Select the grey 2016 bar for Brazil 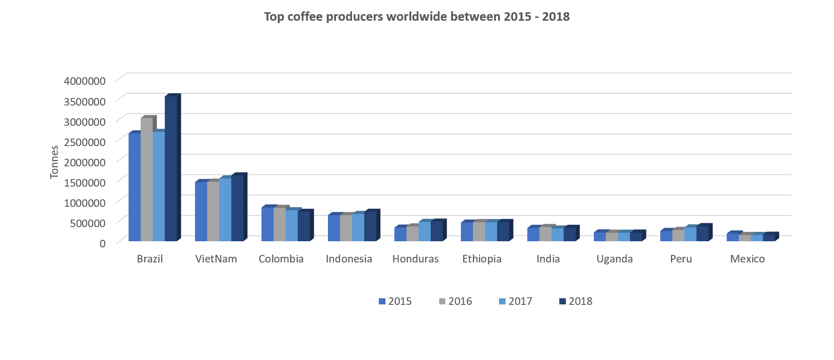pos(147,179)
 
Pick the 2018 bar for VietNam pos(237,208)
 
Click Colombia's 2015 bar pos(267,224)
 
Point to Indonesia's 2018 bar pos(370,226)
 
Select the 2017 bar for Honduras pos(425,231)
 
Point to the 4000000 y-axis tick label pos(85,81)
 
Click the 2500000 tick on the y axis pos(85,142)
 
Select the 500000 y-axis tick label pos(88,223)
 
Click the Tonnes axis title pos(54,162)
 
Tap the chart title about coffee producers pos(417,17)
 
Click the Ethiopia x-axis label pos(482,259)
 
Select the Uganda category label pos(614,259)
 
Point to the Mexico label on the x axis pos(747,259)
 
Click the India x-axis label pos(548,259)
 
